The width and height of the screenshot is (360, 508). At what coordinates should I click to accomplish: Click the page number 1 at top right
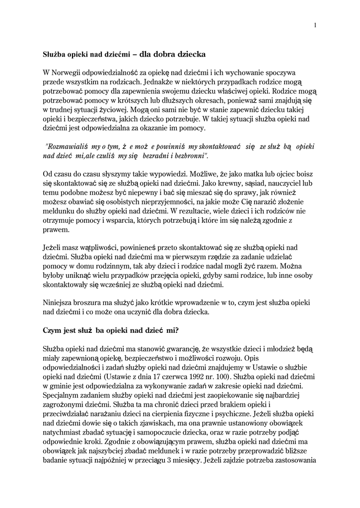(315, 26)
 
